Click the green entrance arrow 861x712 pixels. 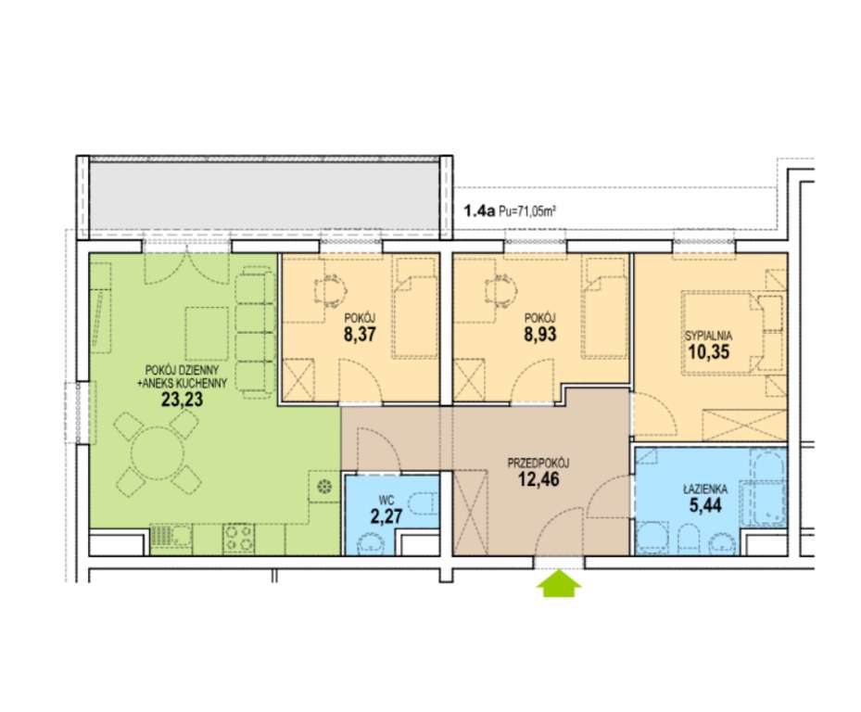tap(559, 583)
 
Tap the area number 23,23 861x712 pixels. tap(182, 399)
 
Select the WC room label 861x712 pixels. tap(386, 501)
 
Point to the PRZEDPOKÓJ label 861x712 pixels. tap(538, 464)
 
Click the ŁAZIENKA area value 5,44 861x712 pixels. tap(705, 505)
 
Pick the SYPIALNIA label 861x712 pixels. tap(708, 337)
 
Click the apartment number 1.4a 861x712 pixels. tap(480, 210)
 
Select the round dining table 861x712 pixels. tap(158, 453)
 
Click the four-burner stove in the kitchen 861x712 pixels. tap(239, 539)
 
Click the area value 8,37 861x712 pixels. tap(360, 334)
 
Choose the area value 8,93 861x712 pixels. tap(540, 334)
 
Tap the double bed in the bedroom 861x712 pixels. tap(723, 333)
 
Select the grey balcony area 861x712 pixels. tap(265, 197)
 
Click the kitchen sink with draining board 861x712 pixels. tap(171, 539)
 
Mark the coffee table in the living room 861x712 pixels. tap(207, 334)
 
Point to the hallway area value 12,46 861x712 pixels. tap(538, 479)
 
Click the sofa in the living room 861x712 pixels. tap(256, 333)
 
